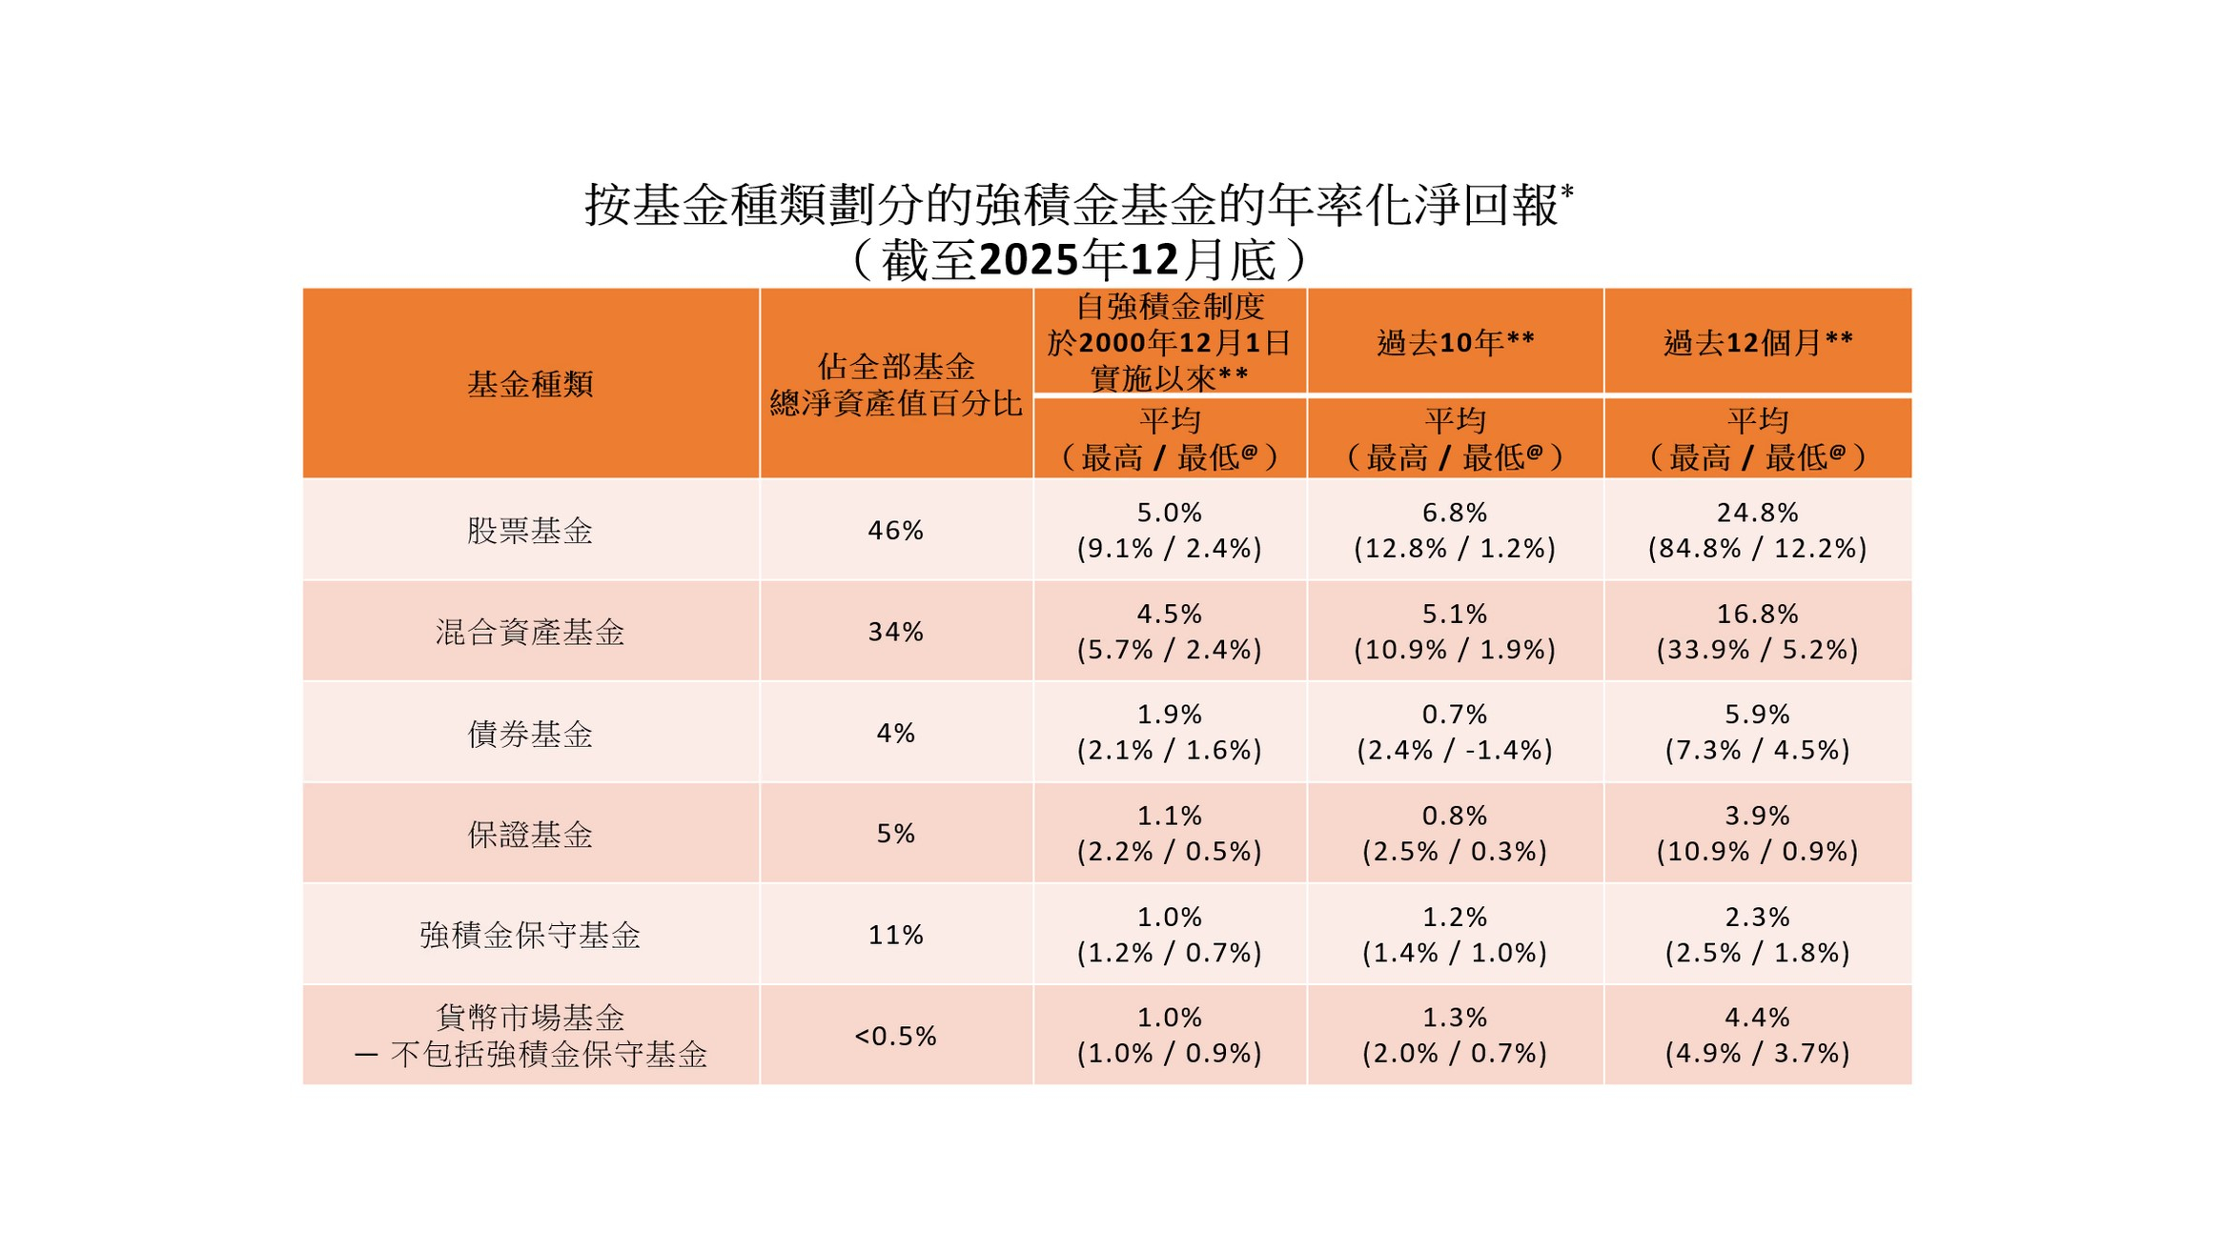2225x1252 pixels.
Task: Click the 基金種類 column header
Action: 530,384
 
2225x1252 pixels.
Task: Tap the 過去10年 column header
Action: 1455,342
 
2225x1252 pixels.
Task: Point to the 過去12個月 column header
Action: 1757,342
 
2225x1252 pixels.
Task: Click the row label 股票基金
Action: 530,531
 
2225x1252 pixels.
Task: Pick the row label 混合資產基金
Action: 530,632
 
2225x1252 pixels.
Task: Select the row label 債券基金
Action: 530,734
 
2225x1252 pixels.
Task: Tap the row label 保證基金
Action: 530,835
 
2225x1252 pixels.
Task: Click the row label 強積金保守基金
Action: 530,936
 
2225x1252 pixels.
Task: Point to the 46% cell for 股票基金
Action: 895,531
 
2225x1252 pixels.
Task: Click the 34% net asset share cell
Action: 895,632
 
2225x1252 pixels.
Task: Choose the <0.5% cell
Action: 895,1036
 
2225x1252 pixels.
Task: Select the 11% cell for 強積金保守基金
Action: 895,936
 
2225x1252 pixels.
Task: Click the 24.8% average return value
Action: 1757,513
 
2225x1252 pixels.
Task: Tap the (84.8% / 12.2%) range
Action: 1757,549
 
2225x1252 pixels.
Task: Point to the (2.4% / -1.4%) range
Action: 1455,751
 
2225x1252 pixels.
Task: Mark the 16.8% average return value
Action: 1757,614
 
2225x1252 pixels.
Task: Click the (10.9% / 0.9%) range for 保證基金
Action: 1757,852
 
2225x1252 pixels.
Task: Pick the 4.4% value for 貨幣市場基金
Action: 1757,1018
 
